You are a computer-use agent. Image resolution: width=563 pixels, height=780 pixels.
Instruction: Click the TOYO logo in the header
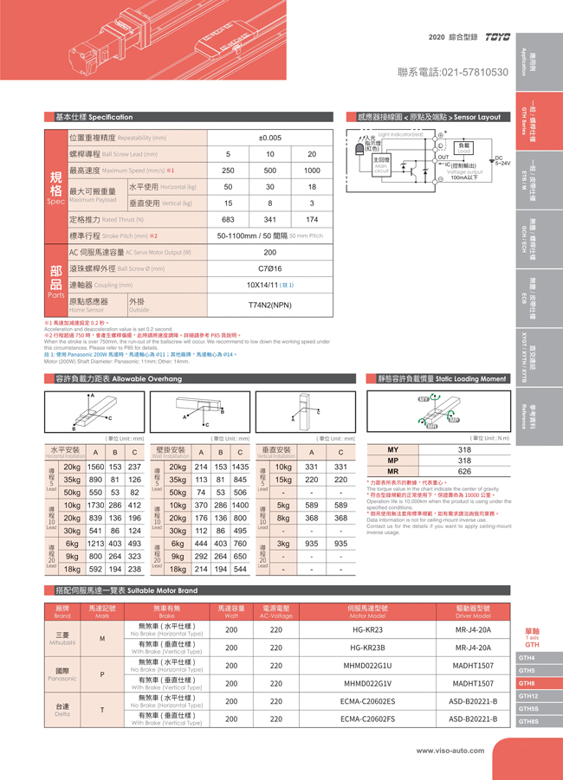tap(496, 38)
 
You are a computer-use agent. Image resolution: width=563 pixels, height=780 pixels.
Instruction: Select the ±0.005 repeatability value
tap(269, 138)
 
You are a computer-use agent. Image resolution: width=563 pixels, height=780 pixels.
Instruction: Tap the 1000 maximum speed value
tap(312, 171)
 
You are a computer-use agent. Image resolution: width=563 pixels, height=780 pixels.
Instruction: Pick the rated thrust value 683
tap(228, 220)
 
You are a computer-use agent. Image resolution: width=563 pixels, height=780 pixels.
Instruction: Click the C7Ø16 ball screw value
tap(269, 269)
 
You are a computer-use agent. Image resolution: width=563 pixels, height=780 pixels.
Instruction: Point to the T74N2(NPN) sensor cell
tap(269, 306)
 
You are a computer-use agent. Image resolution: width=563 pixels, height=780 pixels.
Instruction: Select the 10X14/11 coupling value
tap(269, 285)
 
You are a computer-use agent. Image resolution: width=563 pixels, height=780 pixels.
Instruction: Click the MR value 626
tap(464, 472)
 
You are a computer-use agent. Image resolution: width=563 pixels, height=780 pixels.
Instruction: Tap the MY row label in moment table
tap(392, 450)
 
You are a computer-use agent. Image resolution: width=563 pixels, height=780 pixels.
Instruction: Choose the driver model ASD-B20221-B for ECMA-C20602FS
tap(473, 719)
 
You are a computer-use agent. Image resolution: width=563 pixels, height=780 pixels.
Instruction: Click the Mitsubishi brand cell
tap(62, 639)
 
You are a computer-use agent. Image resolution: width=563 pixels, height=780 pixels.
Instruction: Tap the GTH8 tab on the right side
tap(527, 683)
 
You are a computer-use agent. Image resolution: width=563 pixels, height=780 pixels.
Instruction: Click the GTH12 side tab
tap(528, 696)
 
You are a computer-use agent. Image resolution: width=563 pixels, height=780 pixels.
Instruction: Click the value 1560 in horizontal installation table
tap(96, 467)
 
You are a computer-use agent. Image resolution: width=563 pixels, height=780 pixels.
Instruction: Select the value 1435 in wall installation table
tap(240, 467)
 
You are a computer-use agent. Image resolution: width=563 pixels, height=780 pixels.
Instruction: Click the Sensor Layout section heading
tap(430, 116)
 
